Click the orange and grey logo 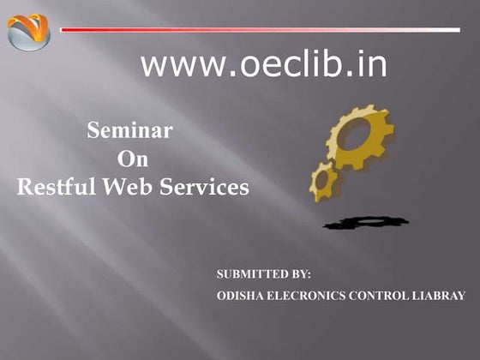[x=28, y=32]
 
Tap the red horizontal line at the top [x=261, y=30]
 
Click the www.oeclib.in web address [x=264, y=64]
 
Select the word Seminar [x=129, y=130]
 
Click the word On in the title [x=133, y=159]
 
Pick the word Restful [x=56, y=187]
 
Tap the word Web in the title [x=127, y=187]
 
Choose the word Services [x=204, y=187]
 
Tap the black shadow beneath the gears [x=366, y=223]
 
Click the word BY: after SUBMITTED [x=302, y=274]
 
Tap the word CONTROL [x=379, y=296]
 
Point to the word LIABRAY [x=439, y=296]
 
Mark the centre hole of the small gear [x=322, y=180]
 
